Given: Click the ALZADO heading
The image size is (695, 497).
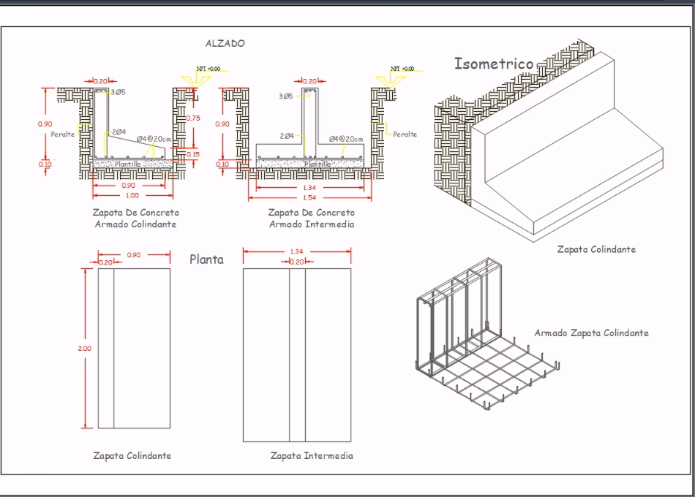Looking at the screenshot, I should (225, 44).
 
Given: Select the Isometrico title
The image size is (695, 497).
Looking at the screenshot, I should (494, 64).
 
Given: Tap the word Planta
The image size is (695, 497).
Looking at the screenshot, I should (206, 259).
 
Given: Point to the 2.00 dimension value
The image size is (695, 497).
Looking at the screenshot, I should (84, 349).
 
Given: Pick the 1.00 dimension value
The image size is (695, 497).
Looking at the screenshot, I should (132, 195).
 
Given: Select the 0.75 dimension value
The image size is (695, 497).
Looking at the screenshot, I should (193, 118).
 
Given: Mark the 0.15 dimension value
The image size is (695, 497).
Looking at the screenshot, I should (193, 154).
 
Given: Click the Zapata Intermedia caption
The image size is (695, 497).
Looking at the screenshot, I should (312, 456).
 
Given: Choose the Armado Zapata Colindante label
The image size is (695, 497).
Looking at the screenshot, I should (591, 333).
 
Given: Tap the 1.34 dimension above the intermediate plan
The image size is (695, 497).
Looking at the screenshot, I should (297, 251).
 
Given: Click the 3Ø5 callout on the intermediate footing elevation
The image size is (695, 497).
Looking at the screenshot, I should (286, 96).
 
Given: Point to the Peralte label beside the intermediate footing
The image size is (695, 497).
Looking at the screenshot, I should (405, 134).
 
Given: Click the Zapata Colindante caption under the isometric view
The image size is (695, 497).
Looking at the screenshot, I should (596, 249).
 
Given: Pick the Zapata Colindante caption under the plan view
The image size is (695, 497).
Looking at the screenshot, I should (132, 456).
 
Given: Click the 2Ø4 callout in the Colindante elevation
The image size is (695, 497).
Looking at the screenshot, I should (119, 132).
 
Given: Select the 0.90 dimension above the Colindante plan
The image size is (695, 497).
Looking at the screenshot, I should (134, 255).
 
